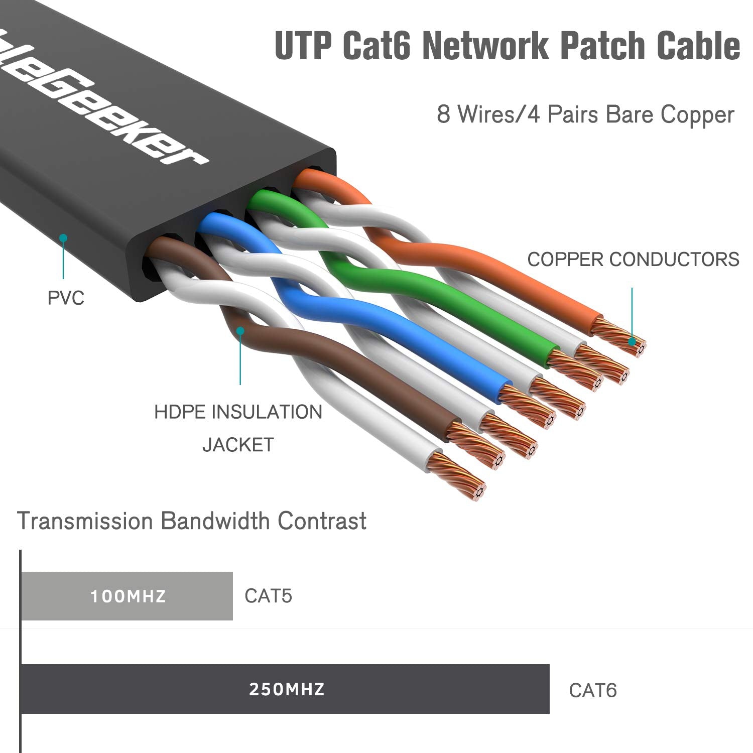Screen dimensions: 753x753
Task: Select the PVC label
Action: point(66,298)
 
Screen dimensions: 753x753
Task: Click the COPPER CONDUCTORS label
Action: point(633,260)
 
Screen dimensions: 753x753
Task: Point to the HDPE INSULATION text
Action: point(238,412)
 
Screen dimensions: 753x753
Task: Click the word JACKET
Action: point(238,445)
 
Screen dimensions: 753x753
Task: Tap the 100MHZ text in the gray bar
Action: point(128,596)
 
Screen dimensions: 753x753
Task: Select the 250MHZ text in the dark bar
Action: point(287,689)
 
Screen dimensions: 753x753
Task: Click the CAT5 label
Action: point(268,596)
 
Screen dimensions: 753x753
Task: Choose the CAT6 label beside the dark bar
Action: point(592,690)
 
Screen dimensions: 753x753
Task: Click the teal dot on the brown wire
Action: point(240,331)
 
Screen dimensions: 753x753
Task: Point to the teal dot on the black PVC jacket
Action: point(63,238)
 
